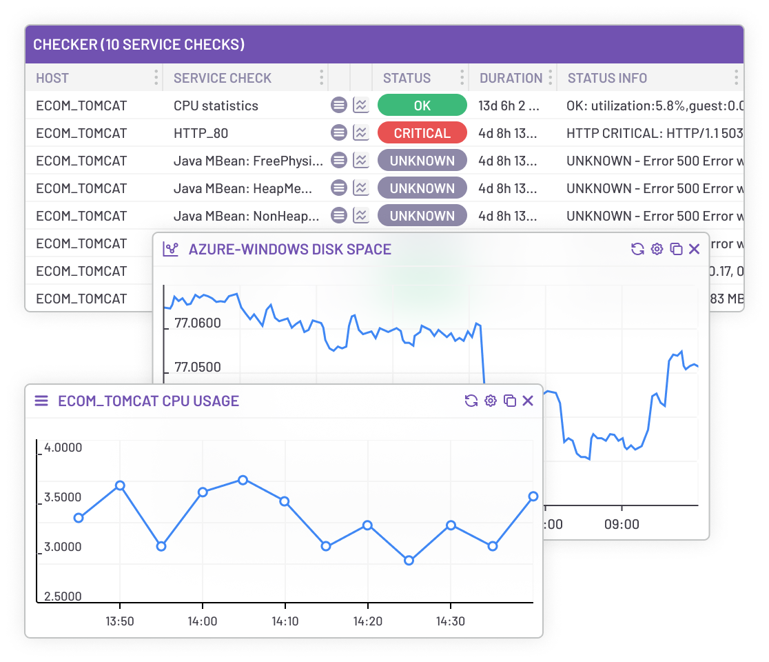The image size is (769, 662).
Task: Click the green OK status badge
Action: tap(422, 106)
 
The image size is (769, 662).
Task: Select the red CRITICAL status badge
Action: tap(422, 133)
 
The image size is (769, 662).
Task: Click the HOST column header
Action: tap(52, 78)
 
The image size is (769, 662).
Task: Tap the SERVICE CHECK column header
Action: tap(223, 78)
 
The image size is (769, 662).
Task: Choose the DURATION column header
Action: tap(511, 78)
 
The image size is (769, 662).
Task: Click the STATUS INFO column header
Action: tap(607, 78)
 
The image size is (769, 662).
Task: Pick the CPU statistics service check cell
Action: tap(216, 106)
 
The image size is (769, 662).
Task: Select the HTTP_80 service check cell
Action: tap(201, 133)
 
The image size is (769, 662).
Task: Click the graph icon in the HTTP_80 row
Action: tap(360, 133)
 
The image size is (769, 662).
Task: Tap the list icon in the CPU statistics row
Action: tap(338, 106)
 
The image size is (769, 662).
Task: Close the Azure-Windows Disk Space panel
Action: tap(694, 249)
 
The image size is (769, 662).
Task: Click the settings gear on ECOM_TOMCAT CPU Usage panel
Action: tap(491, 401)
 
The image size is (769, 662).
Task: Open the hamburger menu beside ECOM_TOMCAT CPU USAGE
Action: tap(41, 401)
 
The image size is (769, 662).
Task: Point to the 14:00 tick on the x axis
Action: tap(203, 621)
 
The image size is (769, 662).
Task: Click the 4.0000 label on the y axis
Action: tap(63, 448)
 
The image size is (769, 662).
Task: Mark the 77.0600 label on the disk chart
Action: tap(198, 323)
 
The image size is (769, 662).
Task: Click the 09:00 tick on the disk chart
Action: tap(622, 524)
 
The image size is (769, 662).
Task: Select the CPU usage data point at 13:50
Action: tap(120, 485)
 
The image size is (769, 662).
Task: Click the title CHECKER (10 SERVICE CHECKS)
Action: tap(139, 45)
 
